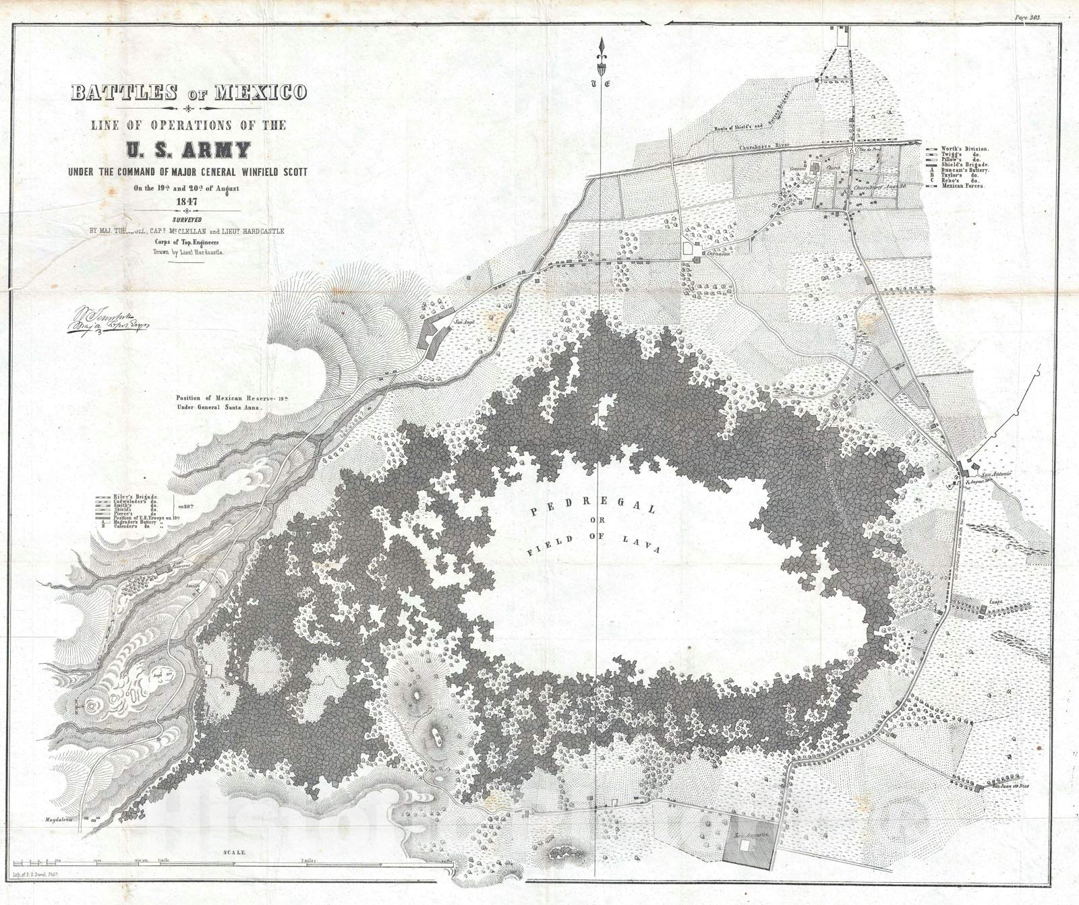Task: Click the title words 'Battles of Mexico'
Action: tap(188, 92)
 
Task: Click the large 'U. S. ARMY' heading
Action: tap(189, 149)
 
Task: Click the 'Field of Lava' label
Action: tap(593, 543)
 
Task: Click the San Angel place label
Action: tap(461, 323)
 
